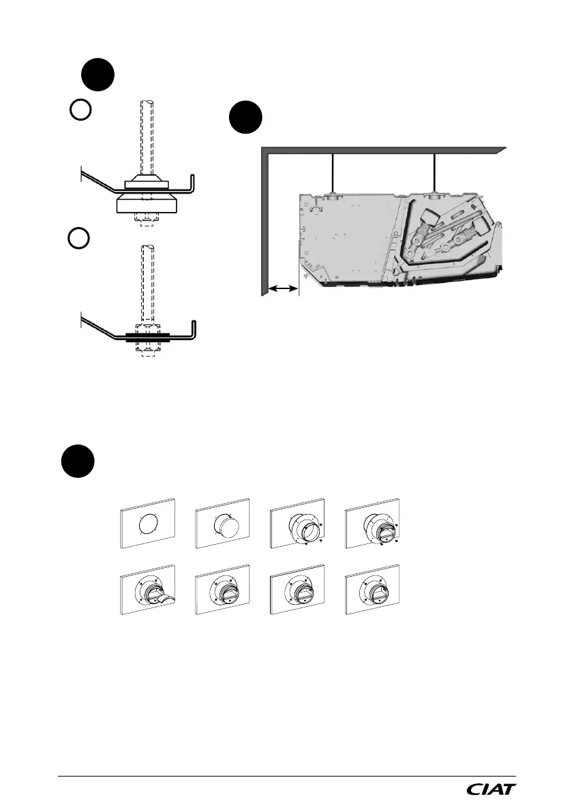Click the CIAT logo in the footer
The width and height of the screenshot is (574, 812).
[x=491, y=790]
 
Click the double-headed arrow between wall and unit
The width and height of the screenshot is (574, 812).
[x=282, y=290]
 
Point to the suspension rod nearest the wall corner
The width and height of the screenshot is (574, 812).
[x=333, y=175]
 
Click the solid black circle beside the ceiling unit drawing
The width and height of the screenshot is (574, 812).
[x=245, y=119]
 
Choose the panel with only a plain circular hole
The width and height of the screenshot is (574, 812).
[x=149, y=524]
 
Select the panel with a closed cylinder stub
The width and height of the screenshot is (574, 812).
[x=222, y=526]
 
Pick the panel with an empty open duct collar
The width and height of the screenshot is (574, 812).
[x=298, y=526]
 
